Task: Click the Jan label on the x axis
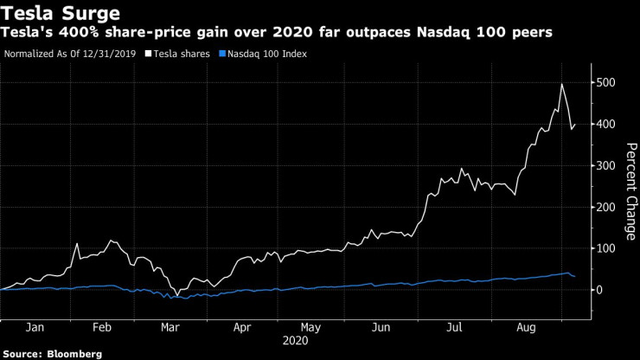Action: point(35,329)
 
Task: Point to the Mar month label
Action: point(170,329)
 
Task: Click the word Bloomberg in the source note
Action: point(74,354)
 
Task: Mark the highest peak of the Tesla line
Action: point(562,84)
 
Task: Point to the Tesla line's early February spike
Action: point(77,244)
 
